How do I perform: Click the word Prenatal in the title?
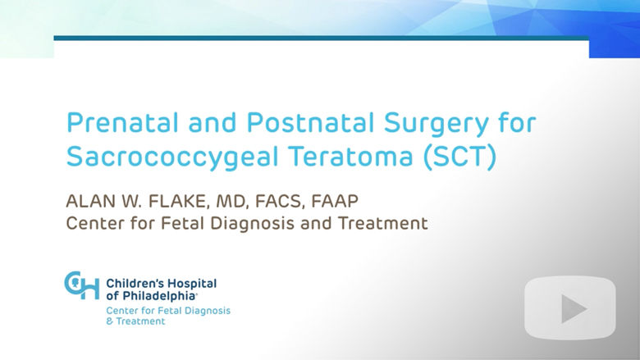click(122, 122)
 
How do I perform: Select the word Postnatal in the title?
click(310, 122)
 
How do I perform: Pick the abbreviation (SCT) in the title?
click(460, 157)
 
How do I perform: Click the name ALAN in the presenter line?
click(89, 201)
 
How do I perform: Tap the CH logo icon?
click(81, 285)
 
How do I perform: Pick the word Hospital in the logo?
click(192, 285)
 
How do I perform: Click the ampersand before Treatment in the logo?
click(109, 321)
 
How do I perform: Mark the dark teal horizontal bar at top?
click(321, 38)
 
